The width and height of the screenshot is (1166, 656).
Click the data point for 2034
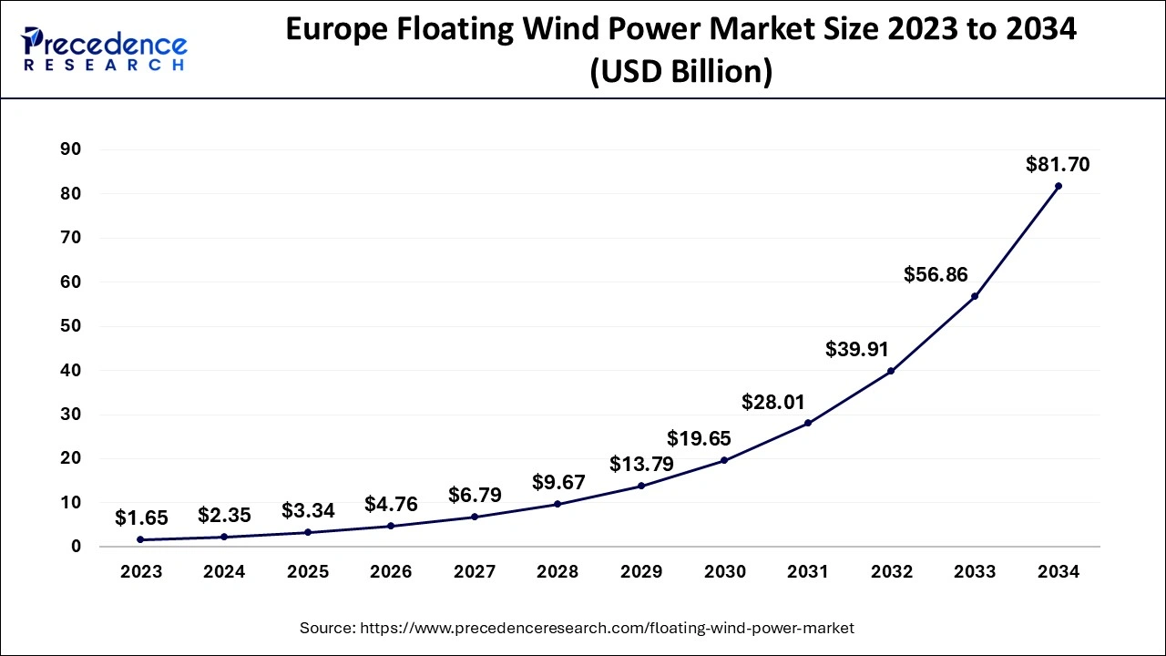(x=1058, y=186)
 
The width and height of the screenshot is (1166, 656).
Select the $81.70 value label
(x=1058, y=165)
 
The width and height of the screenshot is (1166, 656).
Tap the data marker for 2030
(x=724, y=460)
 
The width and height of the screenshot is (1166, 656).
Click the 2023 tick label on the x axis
(x=140, y=572)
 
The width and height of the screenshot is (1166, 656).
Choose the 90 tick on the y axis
(x=72, y=149)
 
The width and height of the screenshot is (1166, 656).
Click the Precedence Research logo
(x=104, y=49)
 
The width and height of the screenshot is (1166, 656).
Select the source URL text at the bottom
(x=577, y=628)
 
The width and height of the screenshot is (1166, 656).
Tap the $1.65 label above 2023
(x=141, y=518)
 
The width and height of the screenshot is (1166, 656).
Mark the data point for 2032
(x=891, y=371)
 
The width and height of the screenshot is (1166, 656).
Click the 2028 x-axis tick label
(x=557, y=572)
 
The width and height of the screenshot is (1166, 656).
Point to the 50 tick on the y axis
(x=72, y=326)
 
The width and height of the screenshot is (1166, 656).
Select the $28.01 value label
(x=772, y=402)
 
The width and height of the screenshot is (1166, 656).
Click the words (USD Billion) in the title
(x=680, y=72)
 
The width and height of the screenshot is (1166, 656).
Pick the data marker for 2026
(x=391, y=526)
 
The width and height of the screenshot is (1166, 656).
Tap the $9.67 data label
(x=558, y=482)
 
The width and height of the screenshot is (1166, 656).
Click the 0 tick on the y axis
(x=77, y=547)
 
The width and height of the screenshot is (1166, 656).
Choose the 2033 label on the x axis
(x=975, y=572)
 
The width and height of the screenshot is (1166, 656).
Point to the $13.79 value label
(x=642, y=464)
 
